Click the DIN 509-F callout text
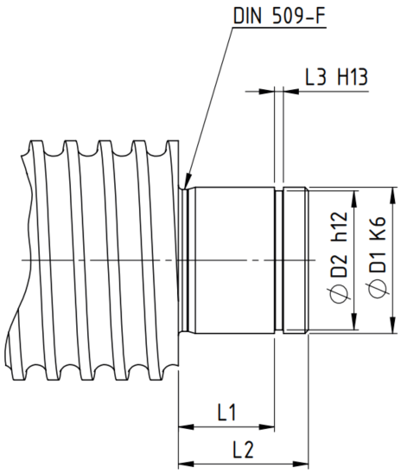[280, 16]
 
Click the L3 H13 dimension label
[336, 77]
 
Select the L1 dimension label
[226, 412]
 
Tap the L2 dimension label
[243, 450]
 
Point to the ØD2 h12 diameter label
[340, 258]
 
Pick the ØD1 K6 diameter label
[377, 257]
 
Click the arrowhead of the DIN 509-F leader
[188, 182]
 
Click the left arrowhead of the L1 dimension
[186, 427]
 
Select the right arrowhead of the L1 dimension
[267, 427]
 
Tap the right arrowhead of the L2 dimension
[301, 464]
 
